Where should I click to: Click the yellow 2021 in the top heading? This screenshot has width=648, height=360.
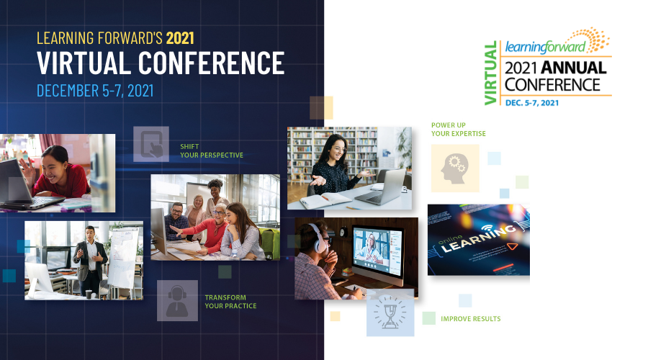coord(180,38)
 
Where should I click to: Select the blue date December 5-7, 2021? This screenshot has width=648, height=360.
coord(95,91)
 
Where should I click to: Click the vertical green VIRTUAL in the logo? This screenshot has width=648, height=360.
coord(490,73)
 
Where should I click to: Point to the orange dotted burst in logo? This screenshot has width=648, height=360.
coord(596,39)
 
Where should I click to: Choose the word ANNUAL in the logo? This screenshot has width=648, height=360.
coord(573,68)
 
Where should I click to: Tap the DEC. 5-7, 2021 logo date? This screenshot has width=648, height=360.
coord(532,103)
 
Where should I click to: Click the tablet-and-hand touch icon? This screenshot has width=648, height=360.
coord(151,144)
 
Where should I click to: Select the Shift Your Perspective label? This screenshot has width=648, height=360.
coord(212,151)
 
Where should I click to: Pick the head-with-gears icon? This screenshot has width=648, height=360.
coord(454,168)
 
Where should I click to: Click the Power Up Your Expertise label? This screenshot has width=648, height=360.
coord(459,130)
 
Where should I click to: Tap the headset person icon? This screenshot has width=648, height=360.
coord(177,301)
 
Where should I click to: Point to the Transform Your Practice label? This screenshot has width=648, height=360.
coord(230,302)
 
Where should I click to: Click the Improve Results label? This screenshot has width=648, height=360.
coord(471,319)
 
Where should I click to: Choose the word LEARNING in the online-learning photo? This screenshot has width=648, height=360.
coord(480,238)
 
